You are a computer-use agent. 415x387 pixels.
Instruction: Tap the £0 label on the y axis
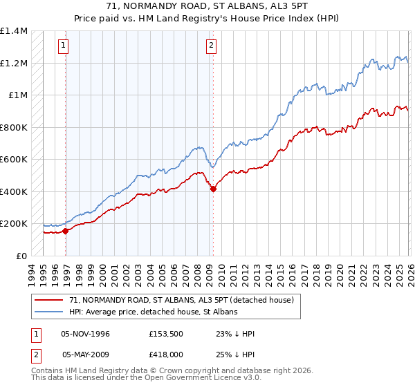point(21,256)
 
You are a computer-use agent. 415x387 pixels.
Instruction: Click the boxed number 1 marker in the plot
point(63,46)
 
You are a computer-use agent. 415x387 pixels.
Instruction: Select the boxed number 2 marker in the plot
point(210,46)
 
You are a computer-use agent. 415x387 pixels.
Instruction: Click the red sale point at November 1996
point(66,232)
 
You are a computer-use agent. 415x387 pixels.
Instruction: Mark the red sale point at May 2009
point(213,189)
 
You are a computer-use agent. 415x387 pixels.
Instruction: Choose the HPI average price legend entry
point(153,312)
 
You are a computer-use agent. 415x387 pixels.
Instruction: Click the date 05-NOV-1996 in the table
point(86,334)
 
